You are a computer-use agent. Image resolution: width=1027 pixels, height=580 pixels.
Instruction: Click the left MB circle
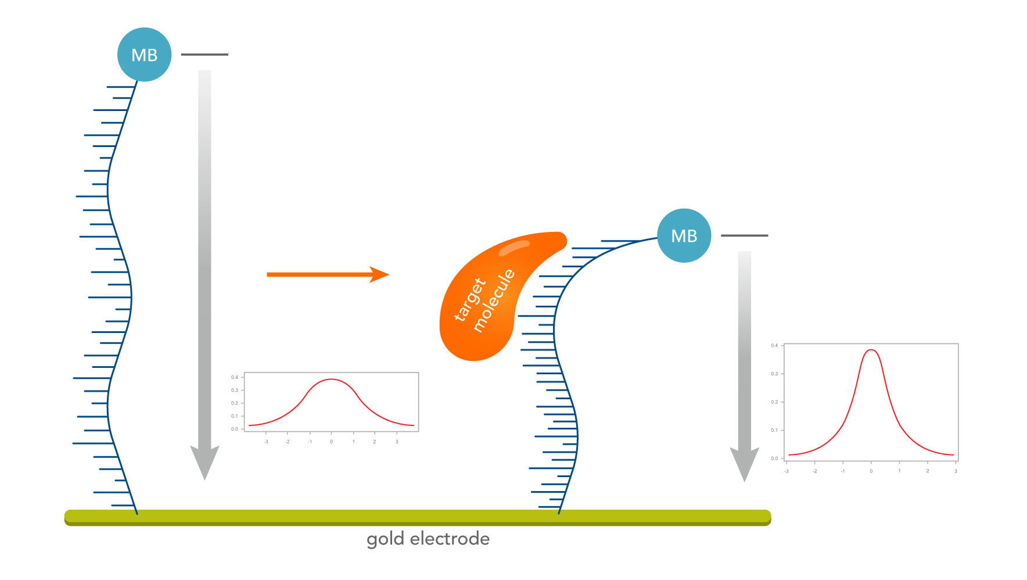click(144, 55)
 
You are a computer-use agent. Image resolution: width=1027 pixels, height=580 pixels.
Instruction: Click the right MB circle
click(684, 235)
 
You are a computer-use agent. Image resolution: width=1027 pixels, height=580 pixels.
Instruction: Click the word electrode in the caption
click(450, 539)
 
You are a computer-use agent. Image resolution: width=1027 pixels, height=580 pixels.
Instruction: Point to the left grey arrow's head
click(204, 463)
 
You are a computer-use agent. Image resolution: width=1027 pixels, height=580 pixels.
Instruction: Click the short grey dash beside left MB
click(204, 55)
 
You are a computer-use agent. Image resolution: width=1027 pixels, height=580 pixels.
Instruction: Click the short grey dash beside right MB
click(744, 235)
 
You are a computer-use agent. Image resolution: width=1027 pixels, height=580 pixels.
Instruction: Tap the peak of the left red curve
click(331, 379)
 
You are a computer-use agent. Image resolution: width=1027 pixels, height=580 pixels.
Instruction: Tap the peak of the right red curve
click(871, 350)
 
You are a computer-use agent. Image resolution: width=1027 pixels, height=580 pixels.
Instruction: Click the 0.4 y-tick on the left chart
click(235, 377)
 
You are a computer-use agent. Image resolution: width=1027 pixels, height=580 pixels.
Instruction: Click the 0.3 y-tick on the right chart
click(774, 374)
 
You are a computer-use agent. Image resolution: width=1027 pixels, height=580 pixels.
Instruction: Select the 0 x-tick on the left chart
click(331, 442)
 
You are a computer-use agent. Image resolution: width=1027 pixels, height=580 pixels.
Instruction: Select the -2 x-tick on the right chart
click(814, 471)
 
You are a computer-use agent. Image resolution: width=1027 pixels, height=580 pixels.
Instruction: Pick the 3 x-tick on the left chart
click(397, 442)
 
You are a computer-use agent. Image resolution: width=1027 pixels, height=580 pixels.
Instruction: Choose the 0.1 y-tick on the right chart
click(774, 430)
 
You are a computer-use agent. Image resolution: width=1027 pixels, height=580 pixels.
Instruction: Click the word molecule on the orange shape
click(494, 300)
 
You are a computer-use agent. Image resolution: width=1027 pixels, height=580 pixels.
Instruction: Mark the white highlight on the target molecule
click(513, 248)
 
